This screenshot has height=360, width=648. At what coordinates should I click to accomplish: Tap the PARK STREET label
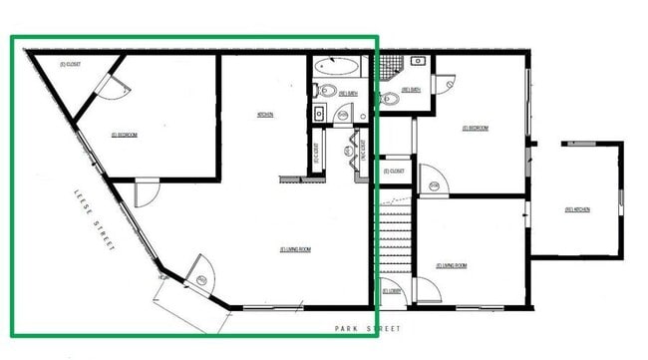tap(368, 328)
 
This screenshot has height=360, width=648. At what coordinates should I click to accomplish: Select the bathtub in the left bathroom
tap(338, 69)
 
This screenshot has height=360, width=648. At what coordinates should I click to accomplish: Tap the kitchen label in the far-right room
tap(577, 209)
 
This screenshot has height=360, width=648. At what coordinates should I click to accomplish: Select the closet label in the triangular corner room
tap(71, 65)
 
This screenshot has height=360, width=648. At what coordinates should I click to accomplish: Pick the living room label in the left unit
tap(296, 248)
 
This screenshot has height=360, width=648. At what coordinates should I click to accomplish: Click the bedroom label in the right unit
tap(475, 128)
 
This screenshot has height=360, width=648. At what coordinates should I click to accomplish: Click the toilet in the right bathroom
tap(388, 98)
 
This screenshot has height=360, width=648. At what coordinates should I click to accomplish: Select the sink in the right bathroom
tap(419, 61)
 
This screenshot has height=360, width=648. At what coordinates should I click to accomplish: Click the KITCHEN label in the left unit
tap(265, 115)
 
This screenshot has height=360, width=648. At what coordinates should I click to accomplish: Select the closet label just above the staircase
tap(395, 171)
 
